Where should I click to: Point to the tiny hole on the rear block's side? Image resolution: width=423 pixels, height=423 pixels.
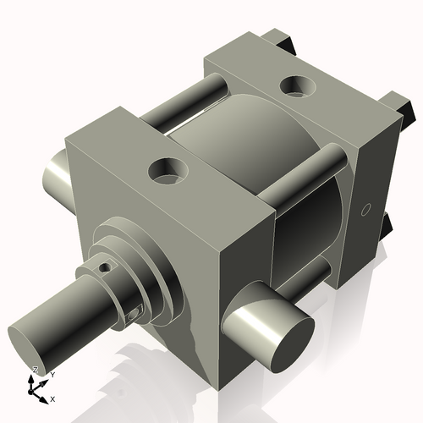366,208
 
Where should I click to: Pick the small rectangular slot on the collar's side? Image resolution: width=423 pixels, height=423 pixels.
136,313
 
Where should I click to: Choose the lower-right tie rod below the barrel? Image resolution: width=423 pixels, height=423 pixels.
326,275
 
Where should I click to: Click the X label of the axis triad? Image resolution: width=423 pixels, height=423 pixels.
53,398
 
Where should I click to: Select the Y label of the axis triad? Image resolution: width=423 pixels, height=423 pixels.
52,374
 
